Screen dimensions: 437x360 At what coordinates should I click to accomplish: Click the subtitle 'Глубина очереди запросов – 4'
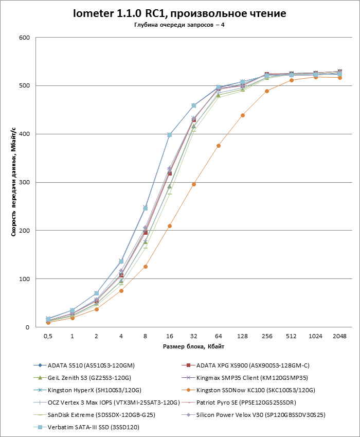coord(179,25)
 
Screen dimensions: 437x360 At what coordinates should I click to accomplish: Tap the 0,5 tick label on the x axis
coord(48,336)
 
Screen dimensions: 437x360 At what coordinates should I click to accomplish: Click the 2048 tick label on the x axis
coord(339,336)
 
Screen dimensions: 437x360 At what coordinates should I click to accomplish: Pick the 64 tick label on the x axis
coord(219,336)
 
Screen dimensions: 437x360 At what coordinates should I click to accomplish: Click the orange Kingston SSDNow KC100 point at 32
coord(194,184)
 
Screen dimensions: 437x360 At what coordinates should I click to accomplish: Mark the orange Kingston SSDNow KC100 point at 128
coord(243,115)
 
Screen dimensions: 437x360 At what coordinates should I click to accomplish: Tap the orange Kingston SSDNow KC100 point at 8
coord(146,267)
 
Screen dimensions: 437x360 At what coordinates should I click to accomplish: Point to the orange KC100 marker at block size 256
coord(267,91)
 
